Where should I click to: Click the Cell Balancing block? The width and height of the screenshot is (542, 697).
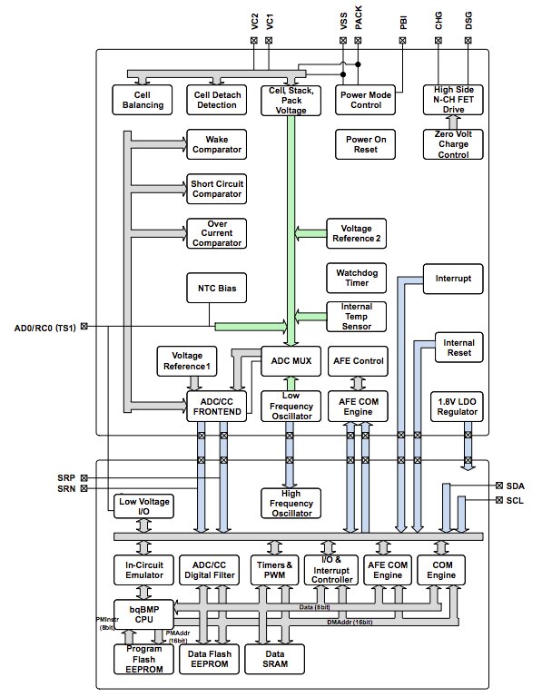[143, 100]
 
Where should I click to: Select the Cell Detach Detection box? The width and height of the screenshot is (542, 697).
[215, 100]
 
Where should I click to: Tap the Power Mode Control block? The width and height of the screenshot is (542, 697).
[365, 100]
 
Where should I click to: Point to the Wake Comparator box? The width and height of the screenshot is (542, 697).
[215, 144]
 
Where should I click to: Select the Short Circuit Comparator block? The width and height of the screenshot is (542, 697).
[215, 189]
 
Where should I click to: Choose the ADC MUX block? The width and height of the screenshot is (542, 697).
[291, 360]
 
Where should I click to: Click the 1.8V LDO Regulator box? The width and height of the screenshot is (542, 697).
[453, 406]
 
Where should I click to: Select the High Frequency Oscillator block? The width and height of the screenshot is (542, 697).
[291, 504]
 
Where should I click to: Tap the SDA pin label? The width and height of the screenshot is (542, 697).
[515, 487]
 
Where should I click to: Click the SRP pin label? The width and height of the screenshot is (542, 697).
[66, 477]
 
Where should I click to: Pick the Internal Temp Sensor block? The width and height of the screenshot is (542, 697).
[356, 317]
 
